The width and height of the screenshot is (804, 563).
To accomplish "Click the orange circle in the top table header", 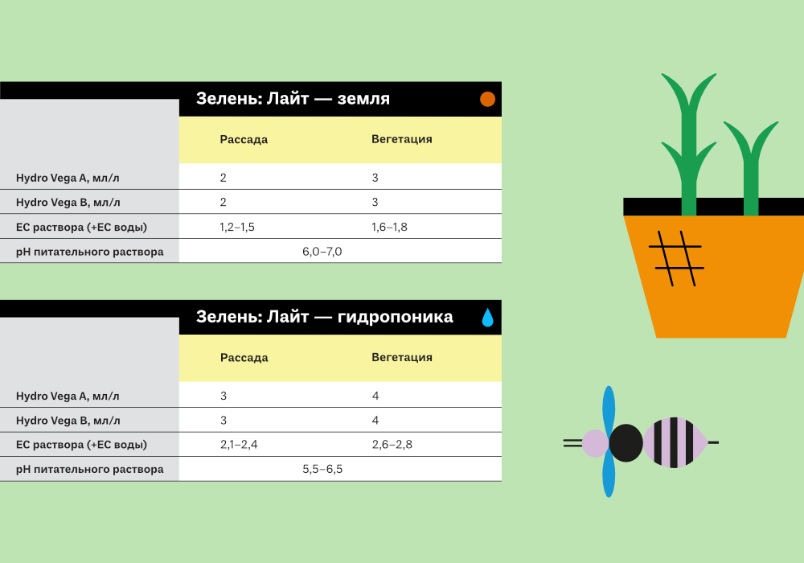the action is [487, 99].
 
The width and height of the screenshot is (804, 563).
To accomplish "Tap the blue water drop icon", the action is [488, 318].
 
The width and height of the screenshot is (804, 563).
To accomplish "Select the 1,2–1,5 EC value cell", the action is [237, 227].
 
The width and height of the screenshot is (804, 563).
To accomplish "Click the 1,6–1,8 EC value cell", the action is [389, 227].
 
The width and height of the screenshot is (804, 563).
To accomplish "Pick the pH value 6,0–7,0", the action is [322, 252].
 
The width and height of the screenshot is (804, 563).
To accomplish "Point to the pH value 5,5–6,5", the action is [322, 469].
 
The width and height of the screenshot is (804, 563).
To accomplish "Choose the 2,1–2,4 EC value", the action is [239, 445].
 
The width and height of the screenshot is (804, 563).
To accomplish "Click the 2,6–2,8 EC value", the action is [392, 445].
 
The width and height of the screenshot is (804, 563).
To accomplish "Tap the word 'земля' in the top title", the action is [363, 98].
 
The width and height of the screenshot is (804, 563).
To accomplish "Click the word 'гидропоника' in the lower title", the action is [396, 317].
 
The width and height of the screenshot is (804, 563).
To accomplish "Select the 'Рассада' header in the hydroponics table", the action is [244, 358].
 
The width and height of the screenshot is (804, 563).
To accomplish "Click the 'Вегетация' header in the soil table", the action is [402, 139].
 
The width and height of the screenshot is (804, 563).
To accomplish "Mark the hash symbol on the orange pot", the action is [676, 258].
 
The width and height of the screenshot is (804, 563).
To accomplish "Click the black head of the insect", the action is [626, 442].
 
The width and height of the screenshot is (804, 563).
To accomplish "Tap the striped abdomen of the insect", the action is [675, 442].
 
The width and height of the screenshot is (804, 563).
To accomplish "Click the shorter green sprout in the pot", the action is [751, 169].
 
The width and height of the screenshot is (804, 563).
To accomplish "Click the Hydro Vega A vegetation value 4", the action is [375, 396].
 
